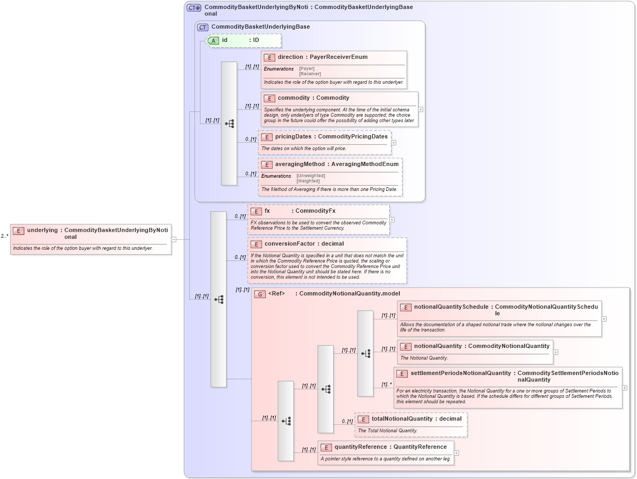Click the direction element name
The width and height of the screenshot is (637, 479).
290,57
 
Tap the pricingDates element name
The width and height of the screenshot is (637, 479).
293,137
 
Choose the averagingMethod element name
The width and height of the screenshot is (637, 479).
299,164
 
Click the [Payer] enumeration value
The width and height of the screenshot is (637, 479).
307,68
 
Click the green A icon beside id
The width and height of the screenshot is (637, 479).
213,40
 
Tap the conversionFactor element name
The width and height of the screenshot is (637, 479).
290,244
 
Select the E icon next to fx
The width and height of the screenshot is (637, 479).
256,211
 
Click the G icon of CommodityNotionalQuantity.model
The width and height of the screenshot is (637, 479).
260,294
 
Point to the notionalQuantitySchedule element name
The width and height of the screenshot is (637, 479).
451,307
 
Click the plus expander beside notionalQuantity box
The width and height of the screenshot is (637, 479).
555,352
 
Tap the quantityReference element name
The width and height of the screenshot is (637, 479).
360,447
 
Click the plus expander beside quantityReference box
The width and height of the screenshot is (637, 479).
456,453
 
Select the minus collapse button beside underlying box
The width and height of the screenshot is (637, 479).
173,239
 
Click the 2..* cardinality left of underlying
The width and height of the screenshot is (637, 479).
4,236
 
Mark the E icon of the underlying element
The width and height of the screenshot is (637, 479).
19,231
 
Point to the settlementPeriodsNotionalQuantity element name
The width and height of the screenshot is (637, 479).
459,373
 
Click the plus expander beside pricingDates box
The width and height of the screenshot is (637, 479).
394,143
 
